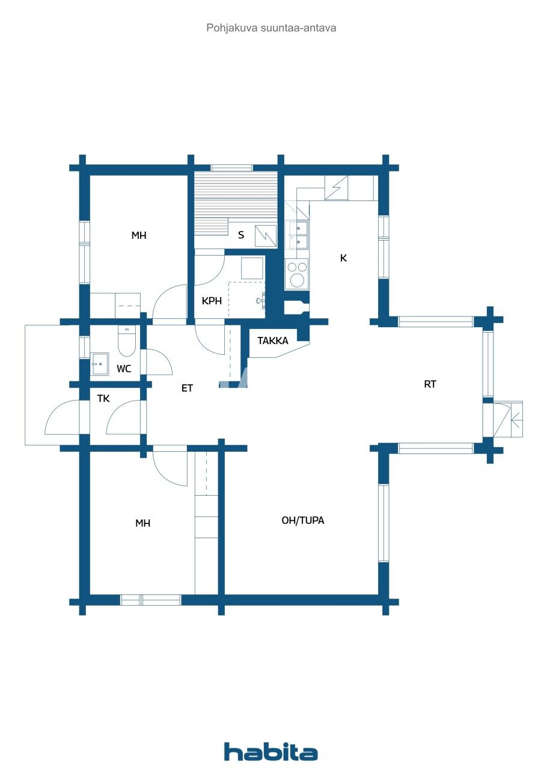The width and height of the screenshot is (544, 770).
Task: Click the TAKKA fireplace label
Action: tap(273, 340)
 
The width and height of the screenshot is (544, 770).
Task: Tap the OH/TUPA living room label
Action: tap(303, 520)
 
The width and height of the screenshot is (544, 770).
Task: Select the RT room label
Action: tap(430, 384)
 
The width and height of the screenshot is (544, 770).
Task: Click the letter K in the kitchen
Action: tap(344, 258)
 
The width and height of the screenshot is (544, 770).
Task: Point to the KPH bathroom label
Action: tap(212, 301)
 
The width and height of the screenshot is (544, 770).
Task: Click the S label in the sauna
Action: tap(241, 235)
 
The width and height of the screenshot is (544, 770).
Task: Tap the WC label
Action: tap(124, 369)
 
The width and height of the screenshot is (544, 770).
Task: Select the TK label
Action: tap(103, 398)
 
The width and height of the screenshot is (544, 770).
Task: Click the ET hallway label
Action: tap(187, 389)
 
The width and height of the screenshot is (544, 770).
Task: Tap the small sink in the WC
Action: tap(99, 363)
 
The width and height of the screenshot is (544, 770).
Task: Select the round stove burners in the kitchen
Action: tap(296, 274)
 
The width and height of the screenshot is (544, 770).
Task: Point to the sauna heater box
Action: tap(266, 236)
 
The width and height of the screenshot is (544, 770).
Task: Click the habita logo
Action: tap(270, 751)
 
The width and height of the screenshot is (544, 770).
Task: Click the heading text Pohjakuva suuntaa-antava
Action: tap(272, 28)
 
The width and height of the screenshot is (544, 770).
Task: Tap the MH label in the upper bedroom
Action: tap(139, 235)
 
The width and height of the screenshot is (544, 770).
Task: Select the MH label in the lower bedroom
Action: tap(142, 523)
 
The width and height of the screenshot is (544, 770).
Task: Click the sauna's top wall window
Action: tap(231, 167)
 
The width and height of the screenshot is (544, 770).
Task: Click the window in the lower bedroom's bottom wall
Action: tap(150, 600)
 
